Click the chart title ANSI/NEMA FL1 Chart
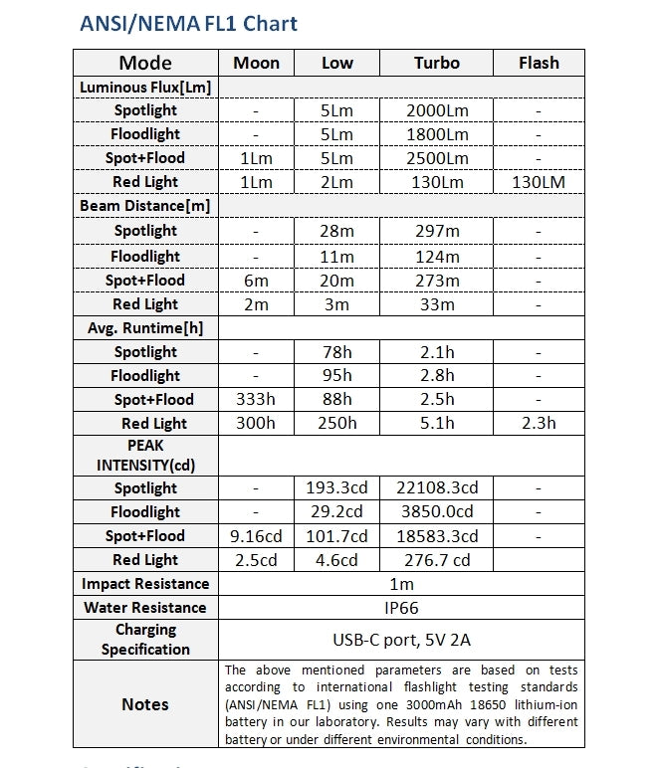(x=188, y=23)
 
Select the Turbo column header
(x=436, y=63)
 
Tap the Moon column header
(x=256, y=63)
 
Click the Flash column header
(x=539, y=63)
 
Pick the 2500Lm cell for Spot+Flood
(x=436, y=158)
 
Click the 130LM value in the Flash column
(x=539, y=182)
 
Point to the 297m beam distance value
(x=436, y=231)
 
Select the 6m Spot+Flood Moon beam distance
(x=256, y=281)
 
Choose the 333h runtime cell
(x=256, y=400)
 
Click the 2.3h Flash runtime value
(x=539, y=424)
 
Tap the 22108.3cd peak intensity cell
(x=436, y=488)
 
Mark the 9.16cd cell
(x=256, y=536)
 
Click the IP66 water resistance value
(x=401, y=608)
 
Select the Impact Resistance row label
(x=145, y=584)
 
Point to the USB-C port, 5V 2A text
(x=401, y=640)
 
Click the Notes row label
(x=145, y=704)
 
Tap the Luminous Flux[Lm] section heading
(x=145, y=87)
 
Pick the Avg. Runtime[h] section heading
(x=145, y=327)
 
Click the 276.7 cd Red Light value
(x=436, y=560)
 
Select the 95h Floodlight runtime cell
(x=336, y=376)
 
